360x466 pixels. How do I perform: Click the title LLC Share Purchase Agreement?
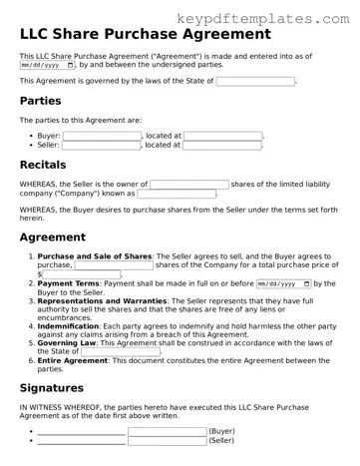[x=145, y=34]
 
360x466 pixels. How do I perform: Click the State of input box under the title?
[x=255, y=81]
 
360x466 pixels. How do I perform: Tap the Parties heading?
[x=41, y=102]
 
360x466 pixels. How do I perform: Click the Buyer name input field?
[x=101, y=135]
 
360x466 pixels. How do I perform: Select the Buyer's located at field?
[x=222, y=135]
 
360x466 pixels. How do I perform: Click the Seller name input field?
[x=101, y=145]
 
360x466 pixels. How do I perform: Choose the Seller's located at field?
[x=221, y=145]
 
